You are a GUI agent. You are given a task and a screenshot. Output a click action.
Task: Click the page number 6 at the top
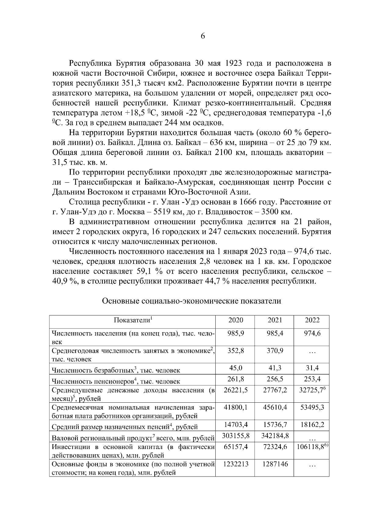(x=203, y=36)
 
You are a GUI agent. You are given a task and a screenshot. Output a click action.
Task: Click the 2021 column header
(x=275, y=320)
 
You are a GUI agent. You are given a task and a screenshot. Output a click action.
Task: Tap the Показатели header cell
(x=133, y=320)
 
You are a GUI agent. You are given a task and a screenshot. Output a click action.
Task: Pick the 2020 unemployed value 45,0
(x=236, y=368)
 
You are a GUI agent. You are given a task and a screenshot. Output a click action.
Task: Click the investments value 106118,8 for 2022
(x=312, y=447)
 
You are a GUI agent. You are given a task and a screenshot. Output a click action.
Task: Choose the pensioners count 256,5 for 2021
(x=275, y=379)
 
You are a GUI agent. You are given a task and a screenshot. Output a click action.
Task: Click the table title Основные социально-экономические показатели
(x=191, y=301)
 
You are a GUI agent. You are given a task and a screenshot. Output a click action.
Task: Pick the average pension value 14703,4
(x=236, y=425)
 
